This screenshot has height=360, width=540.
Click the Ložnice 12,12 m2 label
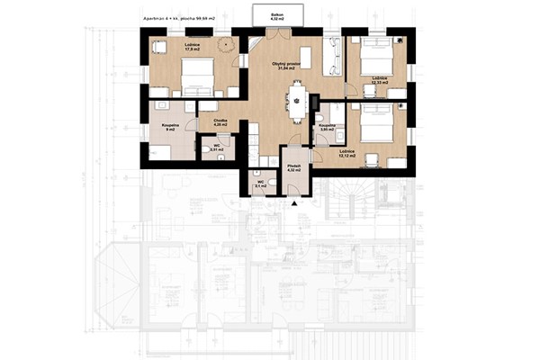(x=347, y=153)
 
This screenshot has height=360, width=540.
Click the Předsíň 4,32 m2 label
(x=293, y=166)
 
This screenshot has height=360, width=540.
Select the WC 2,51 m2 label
(x=215, y=146)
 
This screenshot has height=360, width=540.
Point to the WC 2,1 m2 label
(x=261, y=184)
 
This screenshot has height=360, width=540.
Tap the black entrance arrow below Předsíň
(x=293, y=204)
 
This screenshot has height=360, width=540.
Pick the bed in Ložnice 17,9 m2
(x=198, y=76)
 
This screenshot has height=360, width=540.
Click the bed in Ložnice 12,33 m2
(x=377, y=60)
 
